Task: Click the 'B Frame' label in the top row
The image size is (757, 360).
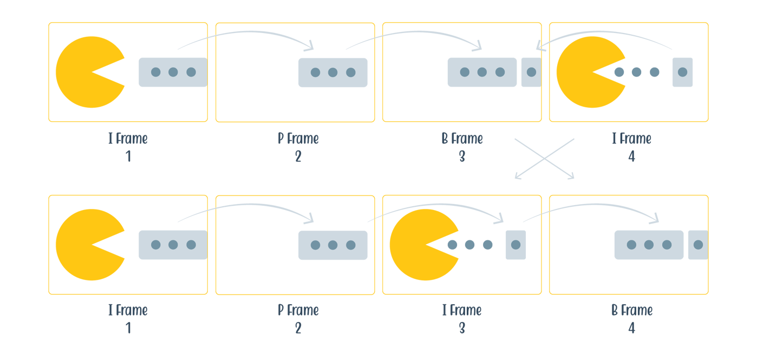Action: pyautogui.click(x=462, y=139)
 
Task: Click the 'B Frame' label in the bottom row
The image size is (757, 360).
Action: pyautogui.click(x=631, y=310)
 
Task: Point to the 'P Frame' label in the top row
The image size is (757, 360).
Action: pyautogui.click(x=298, y=139)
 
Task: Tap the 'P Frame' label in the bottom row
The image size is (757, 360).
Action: pyautogui.click(x=298, y=310)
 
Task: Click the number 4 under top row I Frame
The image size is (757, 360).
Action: pyautogui.click(x=631, y=157)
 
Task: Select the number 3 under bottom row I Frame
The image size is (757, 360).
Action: pyautogui.click(x=462, y=328)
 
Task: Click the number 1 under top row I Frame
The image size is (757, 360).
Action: pyautogui.click(x=128, y=157)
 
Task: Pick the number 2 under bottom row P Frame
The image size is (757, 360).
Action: pyautogui.click(x=298, y=328)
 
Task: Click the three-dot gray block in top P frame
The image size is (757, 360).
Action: pyautogui.click(x=332, y=73)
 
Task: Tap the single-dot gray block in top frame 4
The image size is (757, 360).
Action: pyautogui.click(x=682, y=72)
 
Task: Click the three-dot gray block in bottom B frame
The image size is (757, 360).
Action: pyautogui.click(x=649, y=245)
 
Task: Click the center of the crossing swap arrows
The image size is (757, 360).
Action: pyautogui.click(x=544, y=159)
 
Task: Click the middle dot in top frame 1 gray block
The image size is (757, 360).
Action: pyautogui.click(x=173, y=72)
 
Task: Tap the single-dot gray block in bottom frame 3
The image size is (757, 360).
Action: pyautogui.click(x=515, y=245)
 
